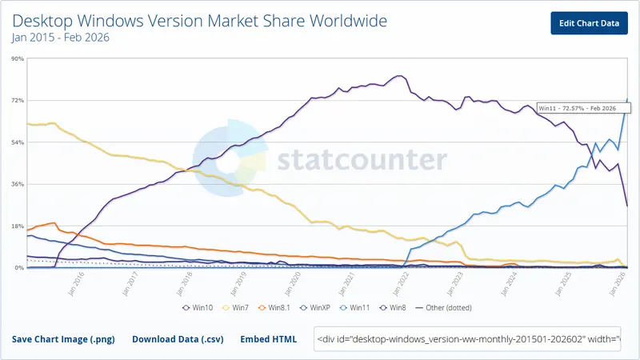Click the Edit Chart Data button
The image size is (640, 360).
coord(589,23)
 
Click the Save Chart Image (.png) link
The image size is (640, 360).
coord(63,339)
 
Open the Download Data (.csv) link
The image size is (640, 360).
coord(178,339)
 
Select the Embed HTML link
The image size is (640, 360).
coord(268,339)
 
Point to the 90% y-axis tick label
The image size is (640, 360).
coord(16,58)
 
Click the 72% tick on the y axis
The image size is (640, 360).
coord(16,101)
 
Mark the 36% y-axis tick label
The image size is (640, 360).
coord(16,184)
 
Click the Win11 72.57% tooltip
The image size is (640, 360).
coord(576,108)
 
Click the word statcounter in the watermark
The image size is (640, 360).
coord(362,161)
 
